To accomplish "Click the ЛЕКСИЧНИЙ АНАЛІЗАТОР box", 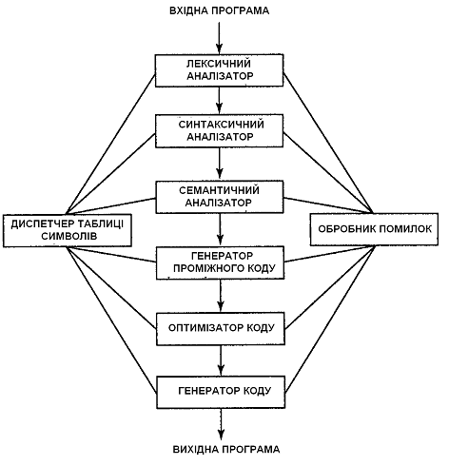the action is (x=219, y=70).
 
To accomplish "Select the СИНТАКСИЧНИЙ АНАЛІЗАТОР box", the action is (x=219, y=131).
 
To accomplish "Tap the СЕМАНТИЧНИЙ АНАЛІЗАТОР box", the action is (x=220, y=197).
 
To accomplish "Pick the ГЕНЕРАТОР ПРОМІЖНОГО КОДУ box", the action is (x=220, y=262).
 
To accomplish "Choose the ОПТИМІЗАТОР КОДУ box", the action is (x=221, y=328).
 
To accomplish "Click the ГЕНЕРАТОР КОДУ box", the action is (x=221, y=392).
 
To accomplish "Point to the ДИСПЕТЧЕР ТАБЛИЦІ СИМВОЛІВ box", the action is (x=68, y=230).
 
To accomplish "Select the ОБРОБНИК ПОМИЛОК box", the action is (x=374, y=229).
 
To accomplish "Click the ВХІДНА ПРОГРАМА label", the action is (x=220, y=10).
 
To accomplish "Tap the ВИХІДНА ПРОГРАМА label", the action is (x=226, y=449).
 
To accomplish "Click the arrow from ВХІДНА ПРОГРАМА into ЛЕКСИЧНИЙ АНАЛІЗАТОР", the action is (x=219, y=38).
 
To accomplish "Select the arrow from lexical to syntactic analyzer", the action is (x=219, y=101).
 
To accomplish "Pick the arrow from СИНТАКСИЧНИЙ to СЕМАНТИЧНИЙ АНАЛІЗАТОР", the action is (x=220, y=165).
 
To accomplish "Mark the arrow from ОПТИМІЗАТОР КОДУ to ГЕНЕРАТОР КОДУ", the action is (x=221, y=360).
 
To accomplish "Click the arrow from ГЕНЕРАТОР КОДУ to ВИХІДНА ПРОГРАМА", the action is (x=221, y=424).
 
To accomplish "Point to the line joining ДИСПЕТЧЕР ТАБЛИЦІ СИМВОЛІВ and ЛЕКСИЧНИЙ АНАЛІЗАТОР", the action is (x=110, y=145).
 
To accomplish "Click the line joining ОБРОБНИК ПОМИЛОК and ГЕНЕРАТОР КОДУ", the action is (x=330, y=319).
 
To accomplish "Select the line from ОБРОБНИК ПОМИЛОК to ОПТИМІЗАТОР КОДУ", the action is (x=330, y=287).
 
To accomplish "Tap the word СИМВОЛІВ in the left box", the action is (x=69, y=236).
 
